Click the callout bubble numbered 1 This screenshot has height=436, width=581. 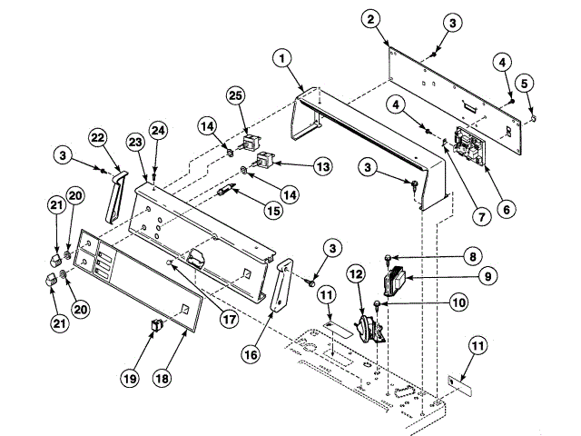click(284, 57)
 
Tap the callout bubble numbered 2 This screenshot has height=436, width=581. click(368, 18)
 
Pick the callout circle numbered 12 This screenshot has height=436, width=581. click(356, 272)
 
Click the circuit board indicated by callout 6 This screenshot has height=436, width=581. click(468, 143)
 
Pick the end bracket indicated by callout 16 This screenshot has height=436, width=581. click(283, 290)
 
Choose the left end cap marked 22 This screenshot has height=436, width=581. click(113, 196)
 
